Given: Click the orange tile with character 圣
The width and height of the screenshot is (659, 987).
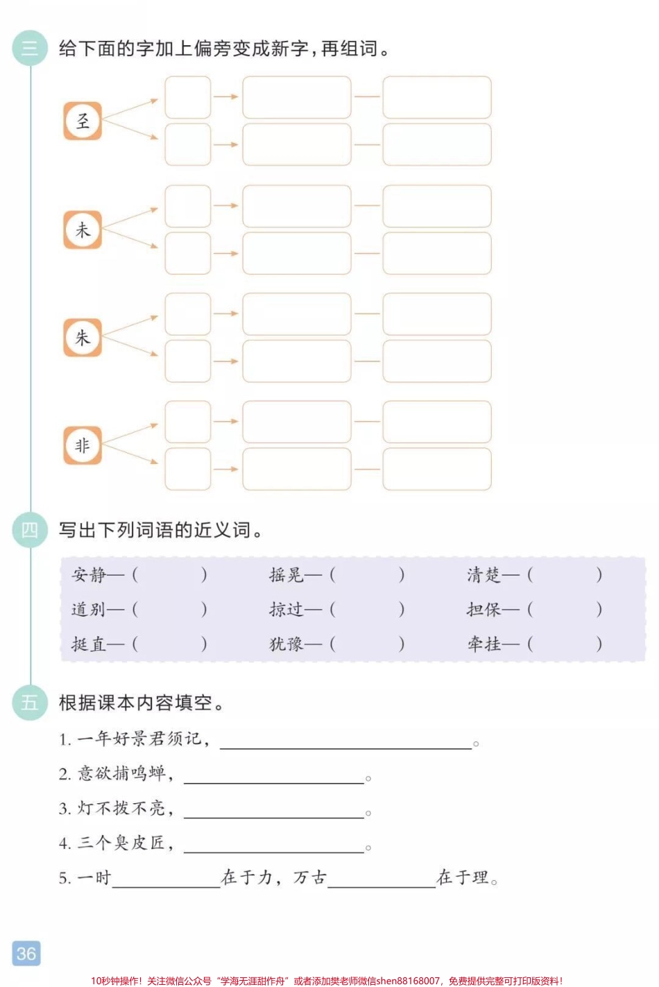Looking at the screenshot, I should pyautogui.click(x=83, y=121).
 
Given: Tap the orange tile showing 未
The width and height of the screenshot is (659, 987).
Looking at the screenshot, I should pyautogui.click(x=83, y=230).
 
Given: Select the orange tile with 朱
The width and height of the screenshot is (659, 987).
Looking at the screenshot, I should pyautogui.click(x=83, y=338).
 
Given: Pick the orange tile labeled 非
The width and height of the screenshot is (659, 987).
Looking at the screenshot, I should pyautogui.click(x=83, y=445).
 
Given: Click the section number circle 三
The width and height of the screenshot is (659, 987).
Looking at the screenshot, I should pyautogui.click(x=30, y=49).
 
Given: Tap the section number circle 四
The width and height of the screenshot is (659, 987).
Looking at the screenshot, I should pyautogui.click(x=30, y=530).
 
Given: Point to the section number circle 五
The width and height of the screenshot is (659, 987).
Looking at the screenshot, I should pyautogui.click(x=30, y=703).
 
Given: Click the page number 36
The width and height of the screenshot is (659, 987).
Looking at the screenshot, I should pyautogui.click(x=26, y=954).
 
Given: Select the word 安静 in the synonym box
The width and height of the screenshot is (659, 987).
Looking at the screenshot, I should pyautogui.click(x=89, y=575).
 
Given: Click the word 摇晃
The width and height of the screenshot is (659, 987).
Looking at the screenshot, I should pyautogui.click(x=286, y=575).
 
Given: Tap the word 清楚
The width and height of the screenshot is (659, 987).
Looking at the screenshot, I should pyautogui.click(x=483, y=575).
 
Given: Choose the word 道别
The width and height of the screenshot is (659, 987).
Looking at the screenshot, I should pyautogui.click(x=89, y=610).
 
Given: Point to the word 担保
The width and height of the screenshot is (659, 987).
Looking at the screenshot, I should pyautogui.click(x=483, y=610).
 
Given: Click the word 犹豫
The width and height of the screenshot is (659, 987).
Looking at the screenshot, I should pyautogui.click(x=286, y=644).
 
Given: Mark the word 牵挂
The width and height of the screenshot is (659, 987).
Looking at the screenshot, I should pyautogui.click(x=483, y=644).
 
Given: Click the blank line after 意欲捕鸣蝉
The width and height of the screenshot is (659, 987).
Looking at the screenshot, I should pyautogui.click(x=274, y=778).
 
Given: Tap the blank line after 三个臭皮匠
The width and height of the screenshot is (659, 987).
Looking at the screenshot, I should pyautogui.click(x=274, y=848).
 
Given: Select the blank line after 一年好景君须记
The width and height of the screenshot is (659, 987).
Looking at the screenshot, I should pyautogui.click(x=345, y=744).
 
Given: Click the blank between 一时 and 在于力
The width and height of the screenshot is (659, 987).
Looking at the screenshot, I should pyautogui.click(x=166, y=882).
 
